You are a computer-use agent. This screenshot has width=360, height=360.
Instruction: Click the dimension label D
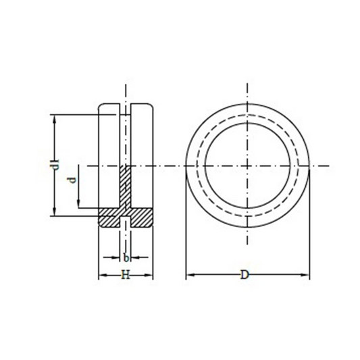(245, 275)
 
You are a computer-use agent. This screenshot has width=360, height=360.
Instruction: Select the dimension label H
(126, 275)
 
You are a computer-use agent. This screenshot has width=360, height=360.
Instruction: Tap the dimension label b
(126, 258)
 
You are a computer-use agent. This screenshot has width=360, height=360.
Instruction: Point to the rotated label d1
(55, 164)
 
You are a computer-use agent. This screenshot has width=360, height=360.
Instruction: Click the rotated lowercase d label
(72, 180)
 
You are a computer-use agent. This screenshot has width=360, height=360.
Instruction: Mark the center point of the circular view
(247, 165)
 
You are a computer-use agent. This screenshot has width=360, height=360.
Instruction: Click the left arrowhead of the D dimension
(190, 275)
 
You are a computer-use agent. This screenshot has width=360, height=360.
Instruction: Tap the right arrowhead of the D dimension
(305, 275)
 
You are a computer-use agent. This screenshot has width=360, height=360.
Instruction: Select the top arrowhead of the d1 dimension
(55, 119)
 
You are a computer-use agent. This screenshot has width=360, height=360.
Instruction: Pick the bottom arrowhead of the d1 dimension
(55, 211)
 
